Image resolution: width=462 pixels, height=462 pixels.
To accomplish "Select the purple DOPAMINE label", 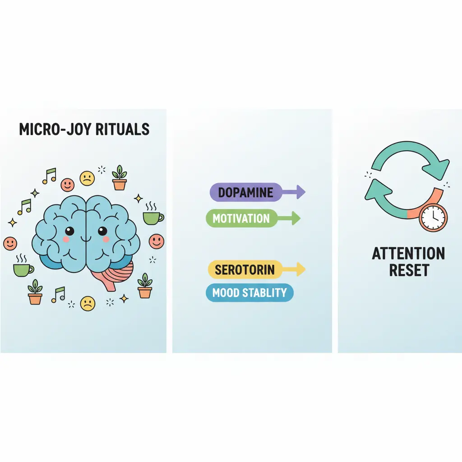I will click(245, 193).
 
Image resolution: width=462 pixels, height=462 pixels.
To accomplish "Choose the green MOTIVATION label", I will click(241, 219).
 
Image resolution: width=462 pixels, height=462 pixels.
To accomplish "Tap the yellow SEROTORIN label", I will click(244, 270).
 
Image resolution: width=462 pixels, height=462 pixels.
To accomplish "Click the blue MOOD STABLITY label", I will click(249, 293).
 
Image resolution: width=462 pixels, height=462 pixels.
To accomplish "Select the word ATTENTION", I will click(408, 253).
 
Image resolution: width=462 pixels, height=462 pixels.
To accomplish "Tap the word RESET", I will click(408, 270).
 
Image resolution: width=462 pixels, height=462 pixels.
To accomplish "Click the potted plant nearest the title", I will click(120, 178).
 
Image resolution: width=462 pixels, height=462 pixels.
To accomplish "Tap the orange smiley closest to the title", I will click(67, 184).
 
